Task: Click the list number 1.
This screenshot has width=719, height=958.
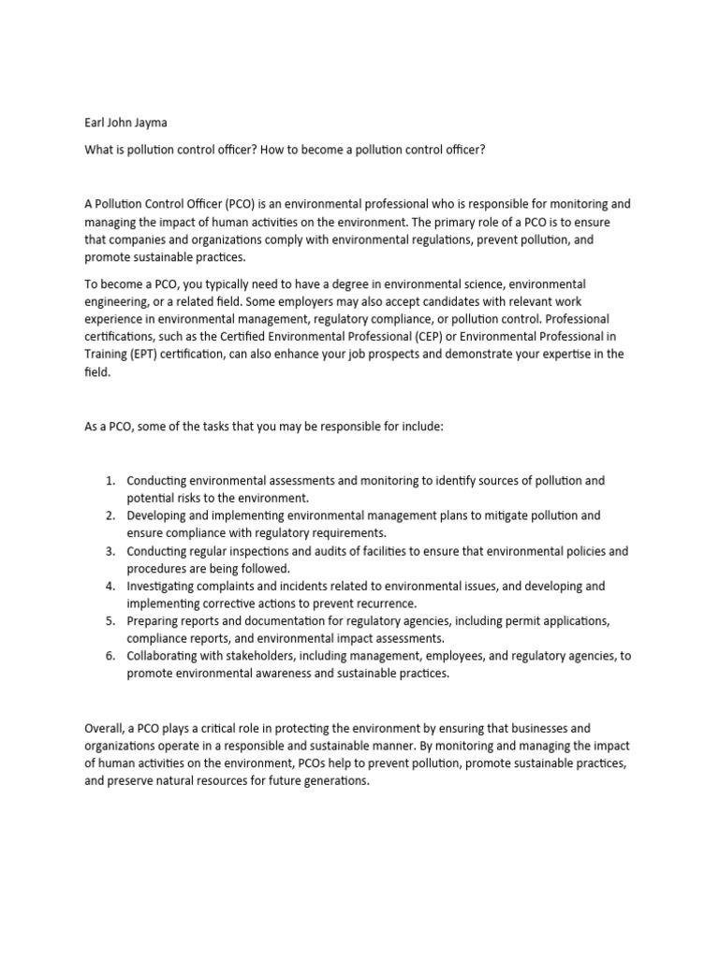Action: [x=110, y=480]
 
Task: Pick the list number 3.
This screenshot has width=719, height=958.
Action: [x=110, y=551]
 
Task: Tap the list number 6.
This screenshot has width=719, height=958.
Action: [x=110, y=657]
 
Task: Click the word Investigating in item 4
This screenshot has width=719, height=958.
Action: [x=165, y=587]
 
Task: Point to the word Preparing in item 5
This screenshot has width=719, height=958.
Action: [x=155, y=621]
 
